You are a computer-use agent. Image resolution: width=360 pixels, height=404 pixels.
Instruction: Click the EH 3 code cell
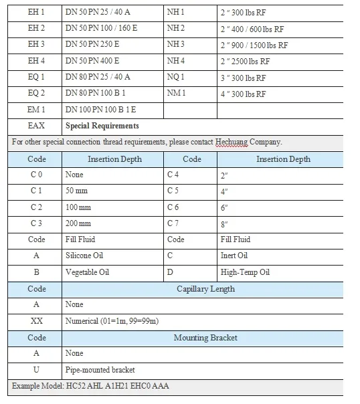(37, 45)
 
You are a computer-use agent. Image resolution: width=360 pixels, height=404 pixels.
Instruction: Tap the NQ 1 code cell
(176, 77)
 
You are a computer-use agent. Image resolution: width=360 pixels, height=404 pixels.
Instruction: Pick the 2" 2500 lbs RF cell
(245, 61)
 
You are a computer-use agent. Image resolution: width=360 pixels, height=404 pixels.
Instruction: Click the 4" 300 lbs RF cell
(243, 94)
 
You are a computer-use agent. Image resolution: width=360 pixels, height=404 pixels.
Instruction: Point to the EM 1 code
(37, 110)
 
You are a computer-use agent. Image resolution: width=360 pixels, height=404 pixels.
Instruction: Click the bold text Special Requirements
(102, 126)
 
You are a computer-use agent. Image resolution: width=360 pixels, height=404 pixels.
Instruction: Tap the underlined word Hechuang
(232, 142)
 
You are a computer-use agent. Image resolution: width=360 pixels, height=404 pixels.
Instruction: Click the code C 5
(173, 191)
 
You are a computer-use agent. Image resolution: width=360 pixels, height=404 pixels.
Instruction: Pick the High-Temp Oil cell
(245, 272)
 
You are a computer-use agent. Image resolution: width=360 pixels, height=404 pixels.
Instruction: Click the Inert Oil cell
(234, 256)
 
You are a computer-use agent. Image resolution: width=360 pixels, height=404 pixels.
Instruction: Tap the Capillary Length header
(205, 289)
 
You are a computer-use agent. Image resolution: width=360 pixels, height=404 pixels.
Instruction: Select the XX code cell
(37, 321)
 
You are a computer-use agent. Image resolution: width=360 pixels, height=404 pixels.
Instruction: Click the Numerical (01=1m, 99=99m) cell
(112, 321)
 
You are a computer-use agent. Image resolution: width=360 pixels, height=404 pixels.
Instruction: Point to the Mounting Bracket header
(205, 338)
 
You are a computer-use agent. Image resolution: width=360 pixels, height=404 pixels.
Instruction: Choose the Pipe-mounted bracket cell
(100, 370)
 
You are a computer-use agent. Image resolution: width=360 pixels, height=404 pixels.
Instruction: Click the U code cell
(37, 370)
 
